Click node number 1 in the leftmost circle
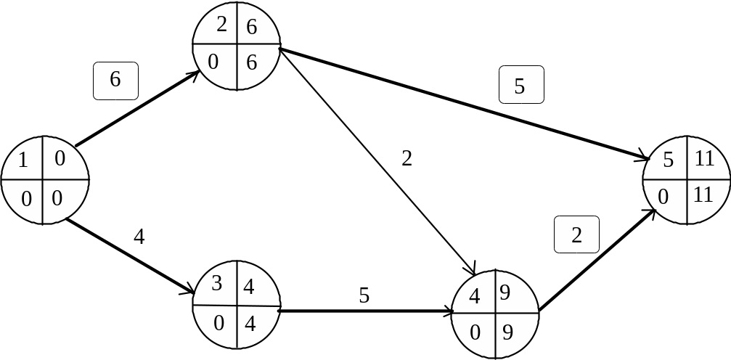23,160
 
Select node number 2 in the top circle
221,25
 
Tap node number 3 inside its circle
217,284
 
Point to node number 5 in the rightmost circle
669,160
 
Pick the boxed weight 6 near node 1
115,81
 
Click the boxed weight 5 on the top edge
520,86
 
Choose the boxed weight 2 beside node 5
576,235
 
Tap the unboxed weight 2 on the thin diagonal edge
407,159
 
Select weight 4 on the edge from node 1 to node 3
139,237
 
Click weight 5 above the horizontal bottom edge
364,295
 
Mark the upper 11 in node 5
704,159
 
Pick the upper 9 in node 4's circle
505,294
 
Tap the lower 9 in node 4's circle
507,332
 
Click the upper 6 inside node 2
252,28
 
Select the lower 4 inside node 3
250,323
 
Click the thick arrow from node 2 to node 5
465,104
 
